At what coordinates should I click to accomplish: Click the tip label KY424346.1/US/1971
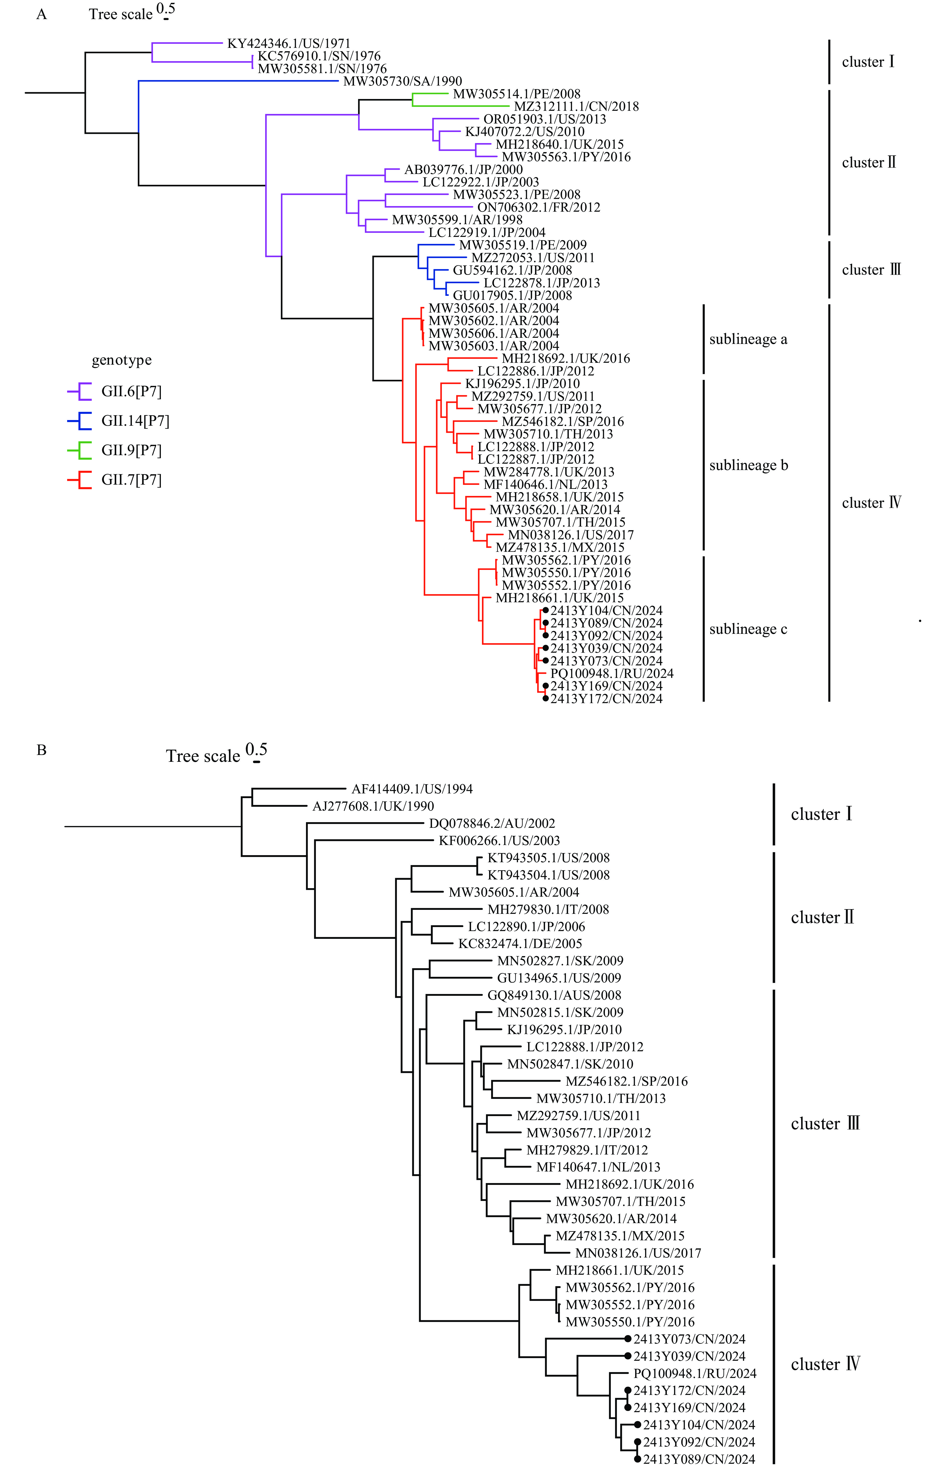coord(289,44)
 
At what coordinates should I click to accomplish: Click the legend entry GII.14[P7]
coord(135,421)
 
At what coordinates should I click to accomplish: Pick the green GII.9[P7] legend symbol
coord(79,450)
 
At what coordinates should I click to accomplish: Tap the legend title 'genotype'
coord(122,360)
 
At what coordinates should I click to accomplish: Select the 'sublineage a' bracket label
coord(748,339)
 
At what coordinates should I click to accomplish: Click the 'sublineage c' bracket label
coord(748,629)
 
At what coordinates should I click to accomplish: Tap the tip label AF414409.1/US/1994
coord(412,789)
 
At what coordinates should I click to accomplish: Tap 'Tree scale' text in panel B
coord(203,756)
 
